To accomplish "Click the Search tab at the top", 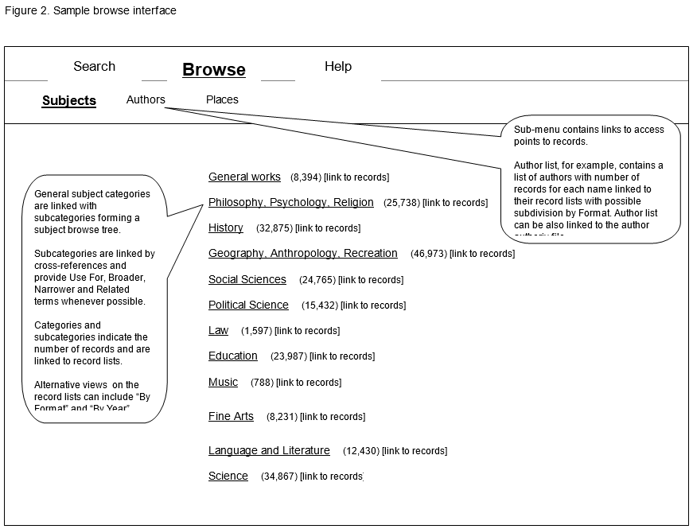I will (x=94, y=67).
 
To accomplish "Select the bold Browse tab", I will (x=213, y=70).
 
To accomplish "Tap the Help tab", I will (x=337, y=67).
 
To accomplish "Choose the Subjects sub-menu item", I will (x=69, y=101).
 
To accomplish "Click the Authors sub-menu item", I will (x=146, y=100).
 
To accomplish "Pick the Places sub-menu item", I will (x=222, y=100).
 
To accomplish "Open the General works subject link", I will (x=244, y=177).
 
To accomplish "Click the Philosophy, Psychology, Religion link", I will (x=290, y=203).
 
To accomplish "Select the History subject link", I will (x=225, y=228).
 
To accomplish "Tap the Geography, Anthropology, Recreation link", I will (x=302, y=254).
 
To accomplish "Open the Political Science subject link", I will (x=248, y=305).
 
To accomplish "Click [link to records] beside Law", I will (x=306, y=331).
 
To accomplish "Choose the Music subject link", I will (x=223, y=383).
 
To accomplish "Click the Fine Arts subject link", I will (x=231, y=417).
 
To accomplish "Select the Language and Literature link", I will (x=269, y=451).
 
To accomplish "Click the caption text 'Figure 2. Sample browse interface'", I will (x=90, y=11).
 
